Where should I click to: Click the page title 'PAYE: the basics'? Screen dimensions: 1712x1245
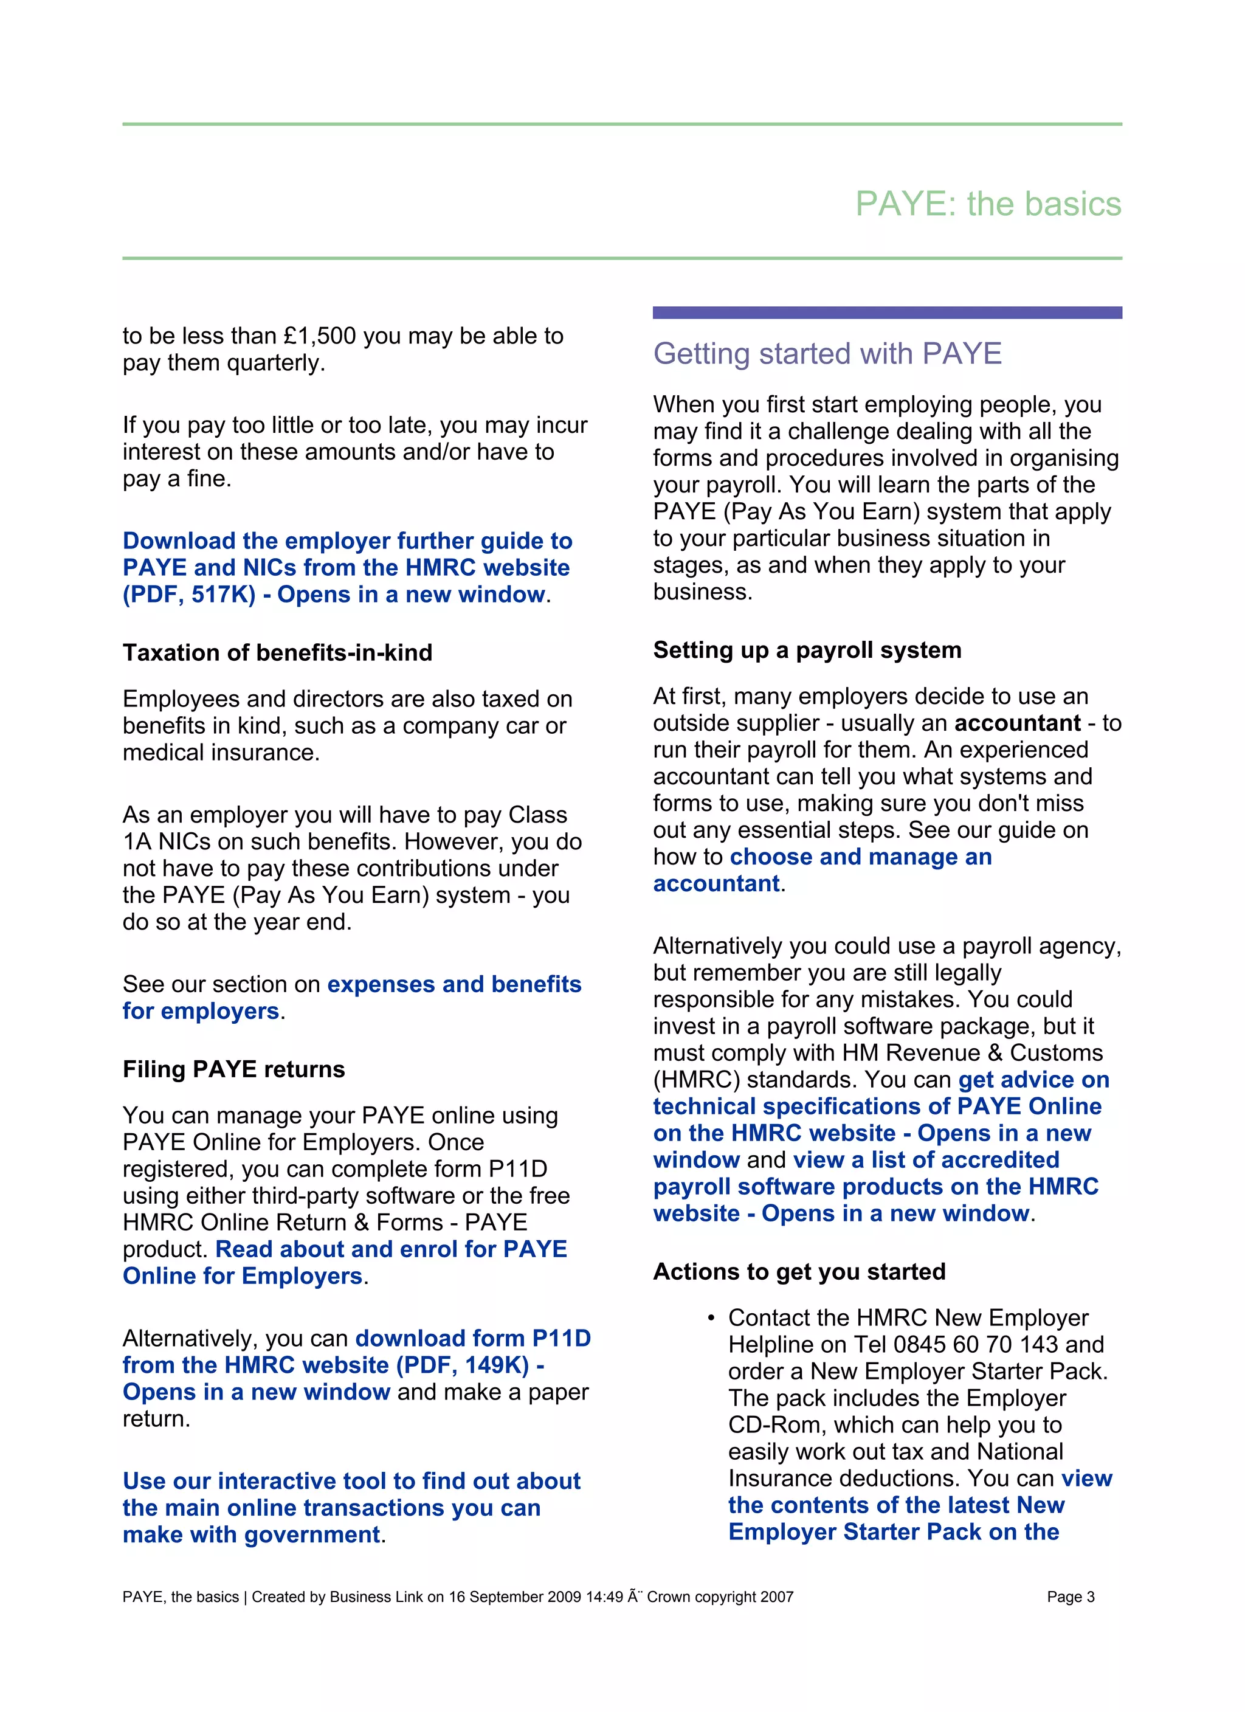987,204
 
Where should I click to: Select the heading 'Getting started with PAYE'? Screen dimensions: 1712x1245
827,353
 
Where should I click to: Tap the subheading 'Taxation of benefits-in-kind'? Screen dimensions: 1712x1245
277,652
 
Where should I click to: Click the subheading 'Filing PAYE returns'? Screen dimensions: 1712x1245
233,1069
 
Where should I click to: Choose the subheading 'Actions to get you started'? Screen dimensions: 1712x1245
799,1271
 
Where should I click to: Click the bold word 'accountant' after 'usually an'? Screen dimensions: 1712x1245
1017,723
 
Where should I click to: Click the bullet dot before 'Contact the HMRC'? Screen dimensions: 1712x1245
711,1318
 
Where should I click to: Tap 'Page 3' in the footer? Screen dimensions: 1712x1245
1070,1596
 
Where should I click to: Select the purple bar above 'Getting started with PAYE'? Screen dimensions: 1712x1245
886,312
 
